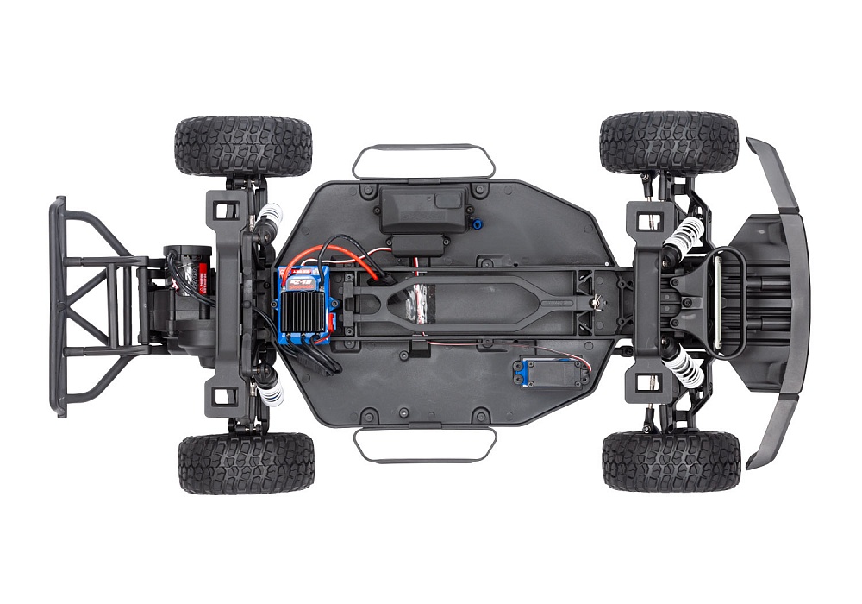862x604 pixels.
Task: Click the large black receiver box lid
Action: (x=422, y=207)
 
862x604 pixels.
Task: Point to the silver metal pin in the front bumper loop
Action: (x=713, y=302)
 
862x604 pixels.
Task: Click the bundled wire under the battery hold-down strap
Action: (x=415, y=303)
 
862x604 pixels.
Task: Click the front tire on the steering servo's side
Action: (x=671, y=462)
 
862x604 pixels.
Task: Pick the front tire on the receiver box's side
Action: (x=669, y=142)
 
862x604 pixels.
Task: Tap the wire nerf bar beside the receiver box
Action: (x=423, y=160)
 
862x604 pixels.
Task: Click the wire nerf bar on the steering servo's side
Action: (x=425, y=444)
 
